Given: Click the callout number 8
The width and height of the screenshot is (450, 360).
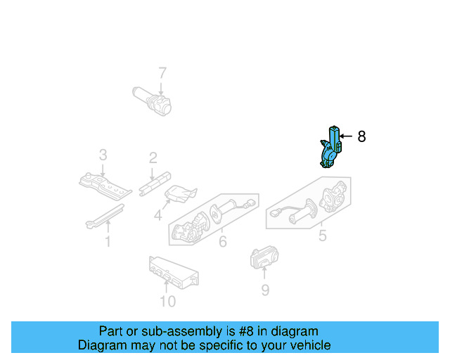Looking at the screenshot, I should pyautogui.click(x=361, y=136).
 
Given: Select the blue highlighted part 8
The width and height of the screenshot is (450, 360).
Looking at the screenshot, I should pyautogui.click(x=330, y=148).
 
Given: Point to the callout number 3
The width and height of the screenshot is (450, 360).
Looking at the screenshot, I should pyautogui.click(x=103, y=154).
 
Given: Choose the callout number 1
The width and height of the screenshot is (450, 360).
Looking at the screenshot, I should pyautogui.click(x=108, y=243).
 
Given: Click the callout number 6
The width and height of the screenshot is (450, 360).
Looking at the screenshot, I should pyautogui.click(x=222, y=242).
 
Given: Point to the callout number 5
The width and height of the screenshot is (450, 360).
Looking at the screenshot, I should pyautogui.click(x=322, y=236).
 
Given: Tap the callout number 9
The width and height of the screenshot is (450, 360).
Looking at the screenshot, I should pyautogui.click(x=264, y=289).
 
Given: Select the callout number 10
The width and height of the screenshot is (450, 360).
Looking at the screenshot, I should pyautogui.click(x=167, y=302).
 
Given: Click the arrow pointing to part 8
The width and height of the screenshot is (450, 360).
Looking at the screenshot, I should pyautogui.click(x=346, y=136).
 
